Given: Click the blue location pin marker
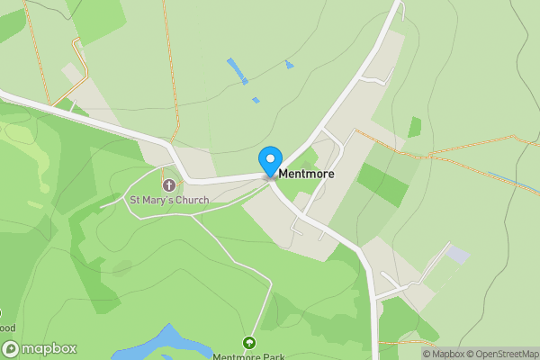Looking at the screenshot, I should [269, 161].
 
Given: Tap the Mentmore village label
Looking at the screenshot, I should [307, 173].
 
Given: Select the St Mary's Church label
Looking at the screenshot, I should [169, 200].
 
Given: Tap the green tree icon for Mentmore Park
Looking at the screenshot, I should [249, 343].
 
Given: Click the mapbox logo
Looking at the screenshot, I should [39, 348].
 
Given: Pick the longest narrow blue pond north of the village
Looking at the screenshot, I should [238, 70].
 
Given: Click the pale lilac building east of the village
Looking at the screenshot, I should [458, 255].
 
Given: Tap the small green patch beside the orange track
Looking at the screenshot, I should [414, 127].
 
